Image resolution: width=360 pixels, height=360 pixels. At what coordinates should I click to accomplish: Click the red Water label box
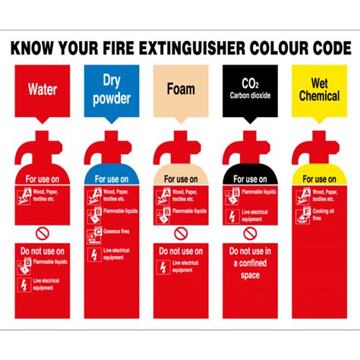43,90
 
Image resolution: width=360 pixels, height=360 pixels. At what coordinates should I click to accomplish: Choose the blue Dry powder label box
112,90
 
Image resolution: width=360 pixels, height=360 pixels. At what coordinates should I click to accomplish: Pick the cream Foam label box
181,90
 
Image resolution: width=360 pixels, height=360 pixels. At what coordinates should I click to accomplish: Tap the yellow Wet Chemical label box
319,90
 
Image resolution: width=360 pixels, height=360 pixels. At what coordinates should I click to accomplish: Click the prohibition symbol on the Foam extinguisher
181,232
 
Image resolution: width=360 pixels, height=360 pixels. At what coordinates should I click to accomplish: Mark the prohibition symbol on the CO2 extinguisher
250,232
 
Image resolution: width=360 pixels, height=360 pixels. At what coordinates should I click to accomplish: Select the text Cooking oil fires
327,216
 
